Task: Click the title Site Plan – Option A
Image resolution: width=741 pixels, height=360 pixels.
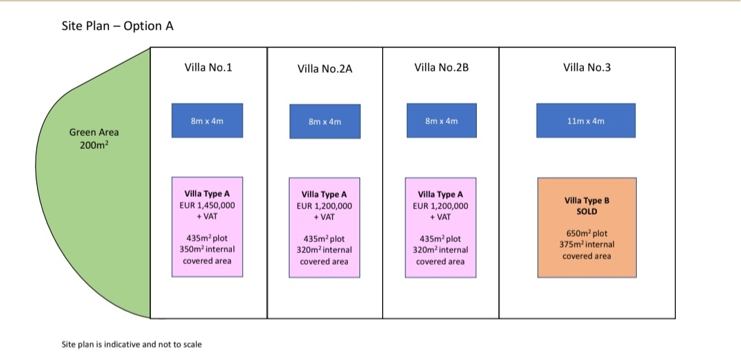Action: (x=118, y=26)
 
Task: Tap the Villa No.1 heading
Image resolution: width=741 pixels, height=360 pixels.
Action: (x=208, y=68)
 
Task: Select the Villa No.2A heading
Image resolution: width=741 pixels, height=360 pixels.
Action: (x=325, y=69)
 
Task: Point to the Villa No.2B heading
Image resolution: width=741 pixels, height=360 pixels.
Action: (x=441, y=68)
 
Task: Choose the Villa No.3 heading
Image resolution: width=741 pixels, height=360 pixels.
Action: (x=587, y=68)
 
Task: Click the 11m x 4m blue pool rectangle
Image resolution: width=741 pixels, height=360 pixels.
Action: (x=586, y=121)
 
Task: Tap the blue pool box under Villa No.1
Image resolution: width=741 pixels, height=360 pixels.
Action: (x=207, y=121)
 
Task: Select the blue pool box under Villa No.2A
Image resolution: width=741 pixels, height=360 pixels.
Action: (x=325, y=121)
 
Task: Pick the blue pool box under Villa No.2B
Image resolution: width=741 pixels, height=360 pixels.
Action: (x=441, y=121)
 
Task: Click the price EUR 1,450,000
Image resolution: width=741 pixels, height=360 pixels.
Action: (x=207, y=206)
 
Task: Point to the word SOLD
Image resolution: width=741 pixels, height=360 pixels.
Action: (x=587, y=212)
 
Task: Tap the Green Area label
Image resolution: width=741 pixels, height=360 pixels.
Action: (x=93, y=133)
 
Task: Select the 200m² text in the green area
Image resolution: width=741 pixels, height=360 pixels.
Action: (x=93, y=144)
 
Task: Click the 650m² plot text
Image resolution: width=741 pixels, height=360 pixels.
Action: (x=587, y=233)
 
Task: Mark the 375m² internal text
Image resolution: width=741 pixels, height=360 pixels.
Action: (x=587, y=245)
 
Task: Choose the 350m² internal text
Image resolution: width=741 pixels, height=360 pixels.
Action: (x=207, y=249)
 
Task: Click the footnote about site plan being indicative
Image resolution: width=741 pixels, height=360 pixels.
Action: (x=131, y=344)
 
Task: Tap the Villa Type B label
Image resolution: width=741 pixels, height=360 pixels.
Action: (x=587, y=200)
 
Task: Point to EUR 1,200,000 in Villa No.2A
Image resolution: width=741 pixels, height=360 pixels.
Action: (x=324, y=206)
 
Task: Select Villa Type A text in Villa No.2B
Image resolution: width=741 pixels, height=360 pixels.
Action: (x=440, y=195)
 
